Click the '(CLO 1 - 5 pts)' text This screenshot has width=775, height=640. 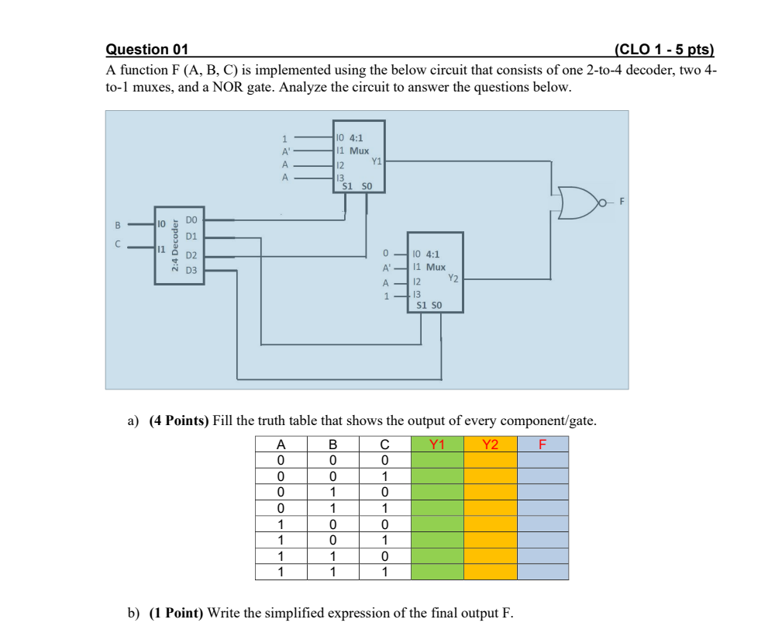point(663,50)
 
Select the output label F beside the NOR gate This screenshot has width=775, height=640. point(621,202)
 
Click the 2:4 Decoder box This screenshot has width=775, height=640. point(179,245)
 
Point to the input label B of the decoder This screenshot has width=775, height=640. point(118,225)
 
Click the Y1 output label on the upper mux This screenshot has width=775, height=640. point(377,161)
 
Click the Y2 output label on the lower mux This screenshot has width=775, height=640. point(453,277)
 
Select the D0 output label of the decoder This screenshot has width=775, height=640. point(191,220)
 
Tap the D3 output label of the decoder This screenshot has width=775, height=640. point(191,270)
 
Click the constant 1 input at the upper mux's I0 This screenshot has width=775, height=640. point(284,139)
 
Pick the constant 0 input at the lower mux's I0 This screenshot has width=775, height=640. point(385,254)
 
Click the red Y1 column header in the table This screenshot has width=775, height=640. point(437,445)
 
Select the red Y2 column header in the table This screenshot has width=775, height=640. point(490,445)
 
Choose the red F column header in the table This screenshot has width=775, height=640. point(542,445)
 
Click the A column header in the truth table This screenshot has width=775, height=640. point(281,445)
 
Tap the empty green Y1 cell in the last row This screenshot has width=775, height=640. point(437,573)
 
